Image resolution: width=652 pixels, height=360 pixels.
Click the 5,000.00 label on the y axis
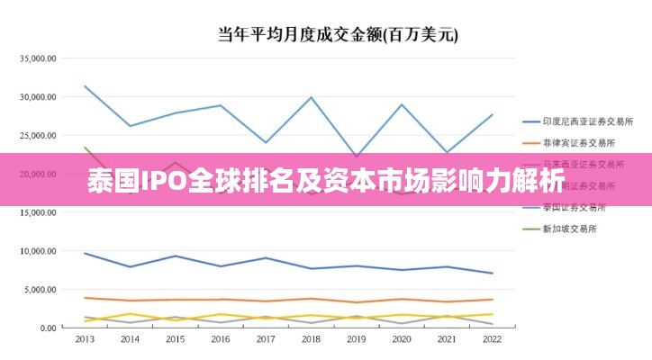tap(41, 290)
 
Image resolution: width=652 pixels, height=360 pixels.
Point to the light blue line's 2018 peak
tap(311, 97)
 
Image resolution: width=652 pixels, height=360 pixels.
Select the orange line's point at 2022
tap(492, 300)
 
